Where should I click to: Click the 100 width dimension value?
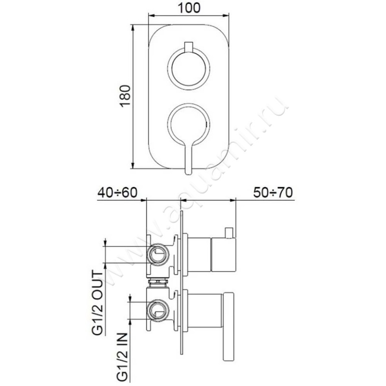coord(189,8)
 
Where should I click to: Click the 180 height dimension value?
coord(125,96)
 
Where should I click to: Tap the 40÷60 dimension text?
coord(117,193)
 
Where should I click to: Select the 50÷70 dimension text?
coord(273,193)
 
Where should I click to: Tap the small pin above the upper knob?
coord(189,47)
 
